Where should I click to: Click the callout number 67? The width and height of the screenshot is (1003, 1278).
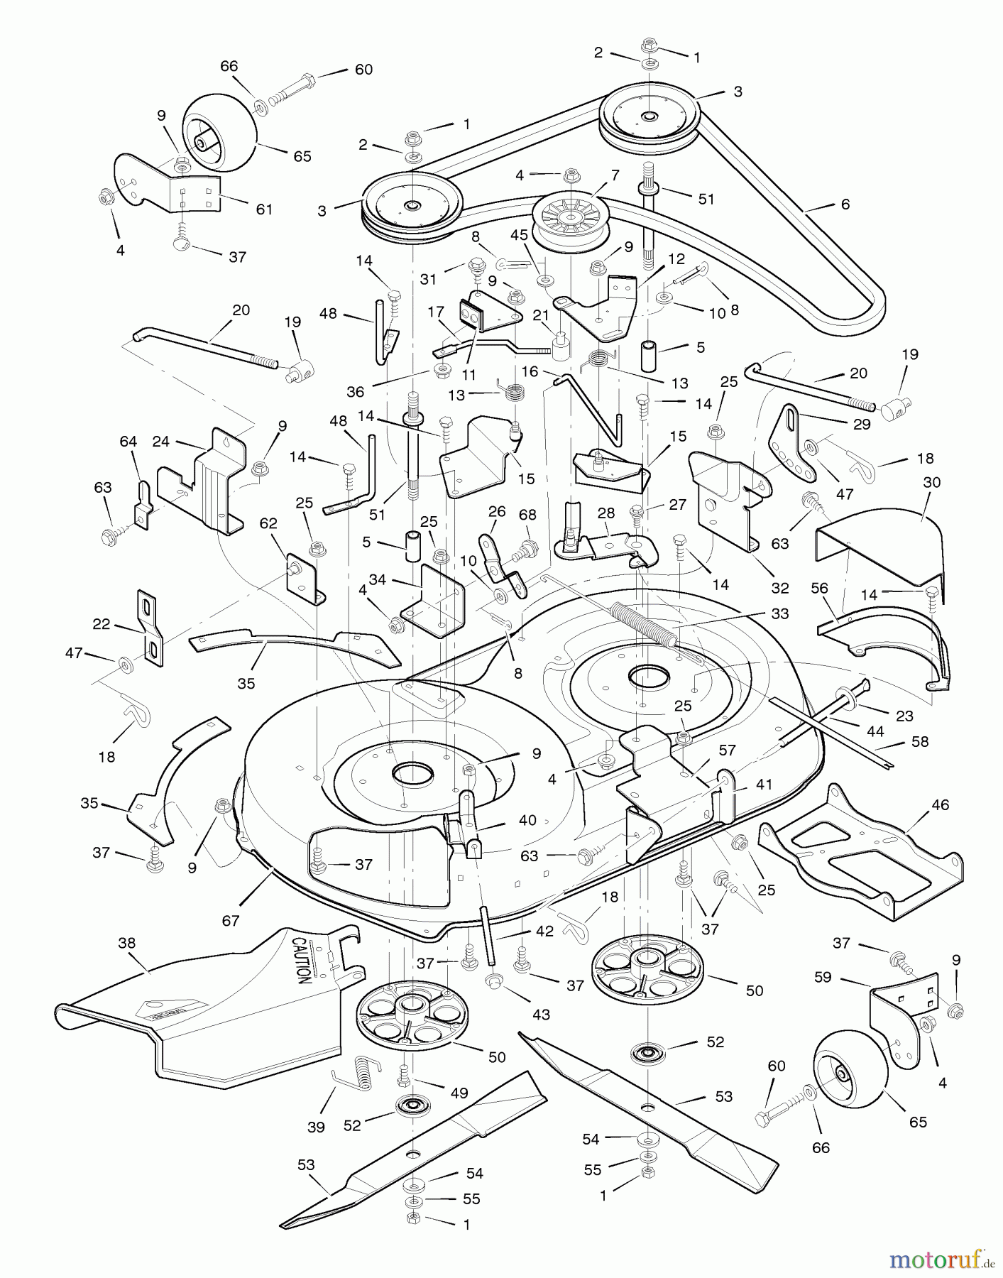(231, 921)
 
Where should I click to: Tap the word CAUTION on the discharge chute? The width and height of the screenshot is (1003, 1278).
(300, 960)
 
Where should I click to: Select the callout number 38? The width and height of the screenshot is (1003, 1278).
(126, 943)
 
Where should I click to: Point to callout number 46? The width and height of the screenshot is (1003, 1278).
(940, 805)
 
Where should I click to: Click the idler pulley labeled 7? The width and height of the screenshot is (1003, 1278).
(566, 216)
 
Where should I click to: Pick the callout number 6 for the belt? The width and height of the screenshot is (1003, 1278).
(845, 204)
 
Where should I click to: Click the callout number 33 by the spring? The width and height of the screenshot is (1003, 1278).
(779, 613)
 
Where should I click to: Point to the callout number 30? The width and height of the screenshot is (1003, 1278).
(932, 482)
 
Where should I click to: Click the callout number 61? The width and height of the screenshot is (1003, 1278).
(264, 209)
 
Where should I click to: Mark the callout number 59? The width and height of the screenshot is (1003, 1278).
(823, 977)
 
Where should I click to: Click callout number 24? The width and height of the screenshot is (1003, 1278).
(161, 442)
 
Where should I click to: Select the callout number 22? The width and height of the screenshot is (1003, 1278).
(102, 624)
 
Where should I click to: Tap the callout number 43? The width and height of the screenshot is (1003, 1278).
(541, 1015)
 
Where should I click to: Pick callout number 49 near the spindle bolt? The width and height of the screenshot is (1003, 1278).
(459, 1093)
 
